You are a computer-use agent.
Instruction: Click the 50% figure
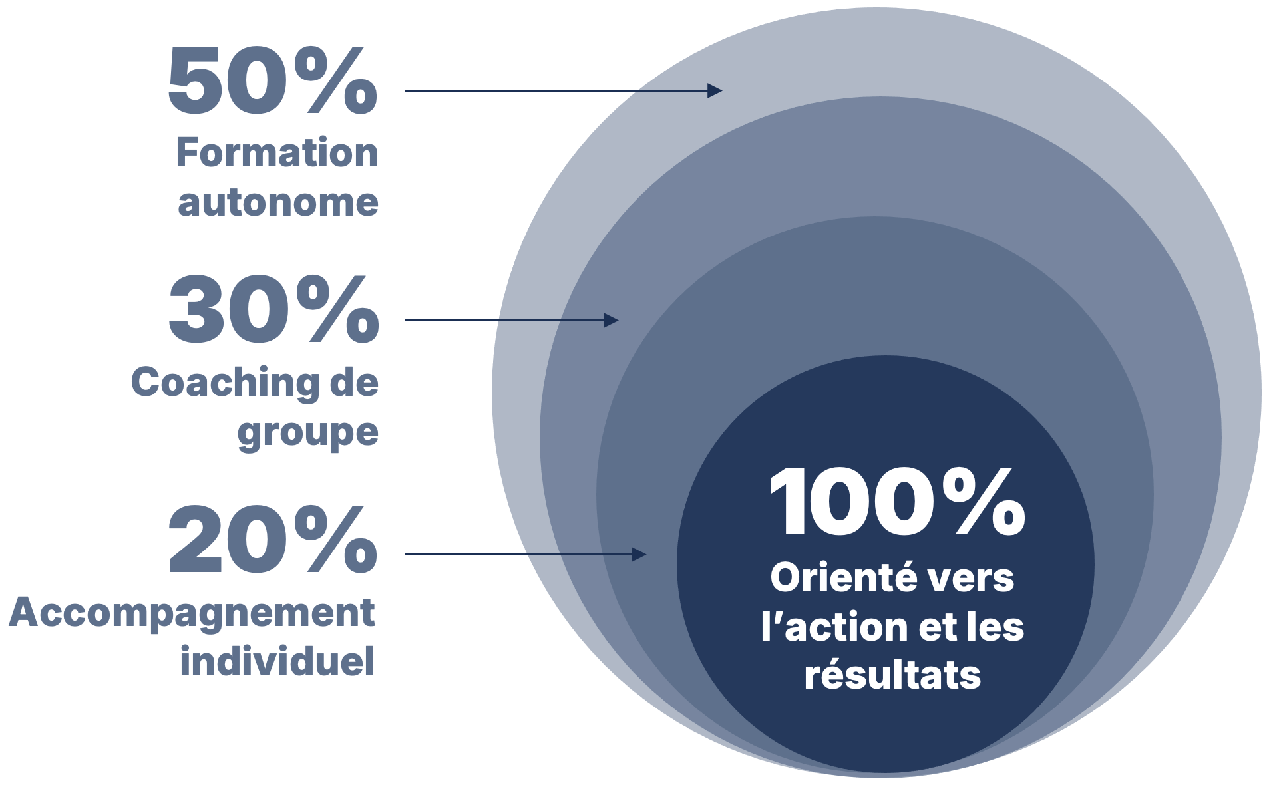point(273,80)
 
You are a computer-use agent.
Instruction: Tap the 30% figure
point(273,310)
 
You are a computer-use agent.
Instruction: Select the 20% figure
point(273,540)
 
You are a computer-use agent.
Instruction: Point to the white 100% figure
point(897,502)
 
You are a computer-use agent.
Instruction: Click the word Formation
point(277,152)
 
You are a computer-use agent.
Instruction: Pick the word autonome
point(278,202)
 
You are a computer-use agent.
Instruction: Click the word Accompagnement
point(192,613)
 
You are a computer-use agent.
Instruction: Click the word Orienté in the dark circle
point(837,577)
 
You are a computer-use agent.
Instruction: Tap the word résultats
point(892,675)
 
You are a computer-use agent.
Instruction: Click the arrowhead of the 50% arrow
point(715,90)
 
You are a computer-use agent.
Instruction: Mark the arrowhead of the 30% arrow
point(611,321)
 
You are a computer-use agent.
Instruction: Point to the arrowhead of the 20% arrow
point(639,554)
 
